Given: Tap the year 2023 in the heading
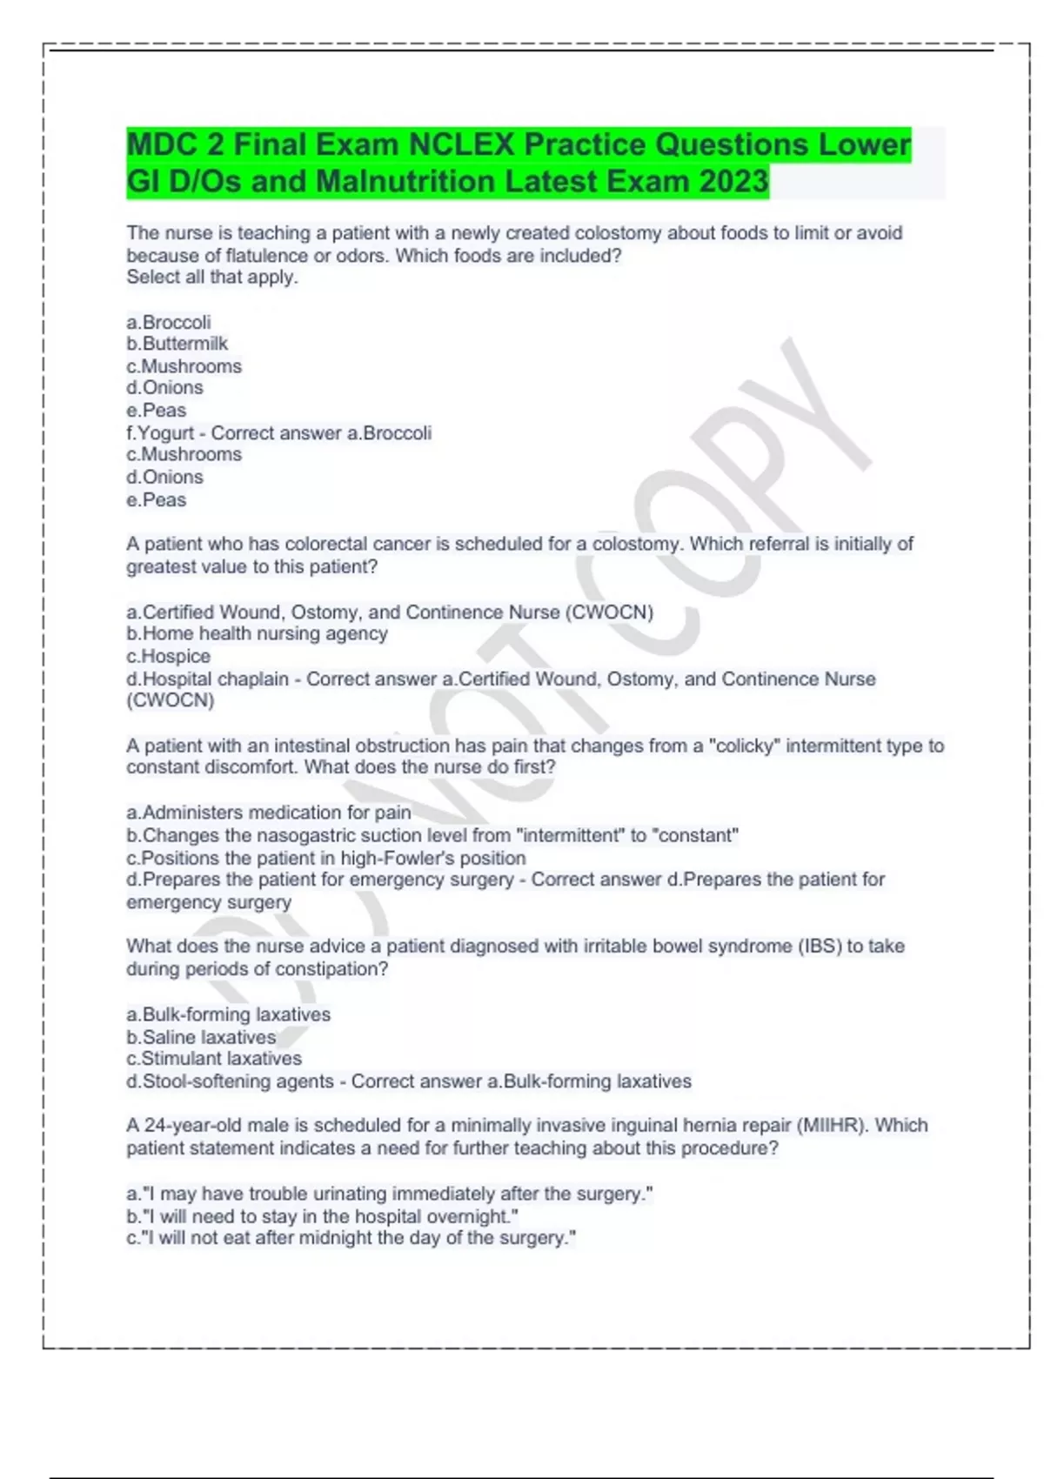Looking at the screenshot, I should pyautogui.click(x=733, y=182).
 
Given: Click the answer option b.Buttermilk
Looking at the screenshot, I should pyautogui.click(x=177, y=344).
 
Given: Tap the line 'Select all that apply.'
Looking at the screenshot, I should pyautogui.click(x=212, y=278).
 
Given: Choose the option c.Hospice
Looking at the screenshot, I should pyautogui.click(x=169, y=656).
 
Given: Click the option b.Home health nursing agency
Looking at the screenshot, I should pyautogui.click(x=258, y=634).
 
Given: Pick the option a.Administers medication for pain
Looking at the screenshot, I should pyautogui.click(x=269, y=813).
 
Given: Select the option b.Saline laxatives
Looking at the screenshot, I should pyautogui.click(x=201, y=1037).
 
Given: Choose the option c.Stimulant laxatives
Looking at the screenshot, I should pyautogui.click(x=214, y=1059).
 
